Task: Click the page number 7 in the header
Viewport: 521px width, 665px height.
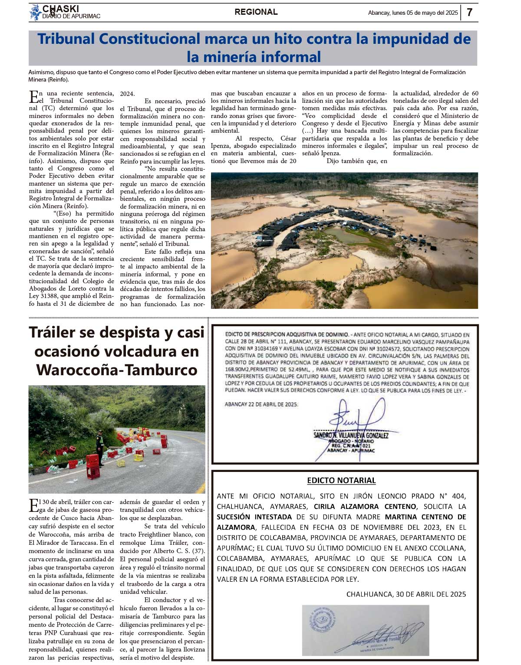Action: [x=469, y=13]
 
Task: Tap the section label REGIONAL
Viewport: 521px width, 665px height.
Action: [x=256, y=12]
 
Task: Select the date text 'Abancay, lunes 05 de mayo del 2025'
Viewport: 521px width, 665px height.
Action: [x=412, y=13]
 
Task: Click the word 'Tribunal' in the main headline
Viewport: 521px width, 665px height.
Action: [x=66, y=39]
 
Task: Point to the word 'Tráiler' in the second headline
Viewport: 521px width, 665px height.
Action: [x=59, y=332]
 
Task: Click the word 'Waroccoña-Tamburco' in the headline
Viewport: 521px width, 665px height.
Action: [x=117, y=370]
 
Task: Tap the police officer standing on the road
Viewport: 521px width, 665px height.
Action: [x=99, y=447]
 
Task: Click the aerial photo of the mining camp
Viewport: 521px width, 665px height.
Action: [x=344, y=240]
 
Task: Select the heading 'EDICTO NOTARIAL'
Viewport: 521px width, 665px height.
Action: [x=341, y=480]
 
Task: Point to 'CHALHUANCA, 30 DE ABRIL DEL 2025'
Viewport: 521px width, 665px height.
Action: [x=406, y=594]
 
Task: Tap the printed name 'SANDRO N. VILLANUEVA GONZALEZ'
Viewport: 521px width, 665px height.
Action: [x=351, y=435]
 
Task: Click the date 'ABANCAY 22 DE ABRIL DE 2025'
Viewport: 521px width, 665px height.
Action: [x=261, y=404]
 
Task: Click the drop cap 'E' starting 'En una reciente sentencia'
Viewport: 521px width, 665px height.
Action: [x=33, y=95]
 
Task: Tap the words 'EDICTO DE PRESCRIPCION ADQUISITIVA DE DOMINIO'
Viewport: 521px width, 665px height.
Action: [x=287, y=334]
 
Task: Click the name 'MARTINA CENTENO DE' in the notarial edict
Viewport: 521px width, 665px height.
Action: [x=425, y=517]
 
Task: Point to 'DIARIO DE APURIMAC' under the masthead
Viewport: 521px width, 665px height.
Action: [x=72, y=16]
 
